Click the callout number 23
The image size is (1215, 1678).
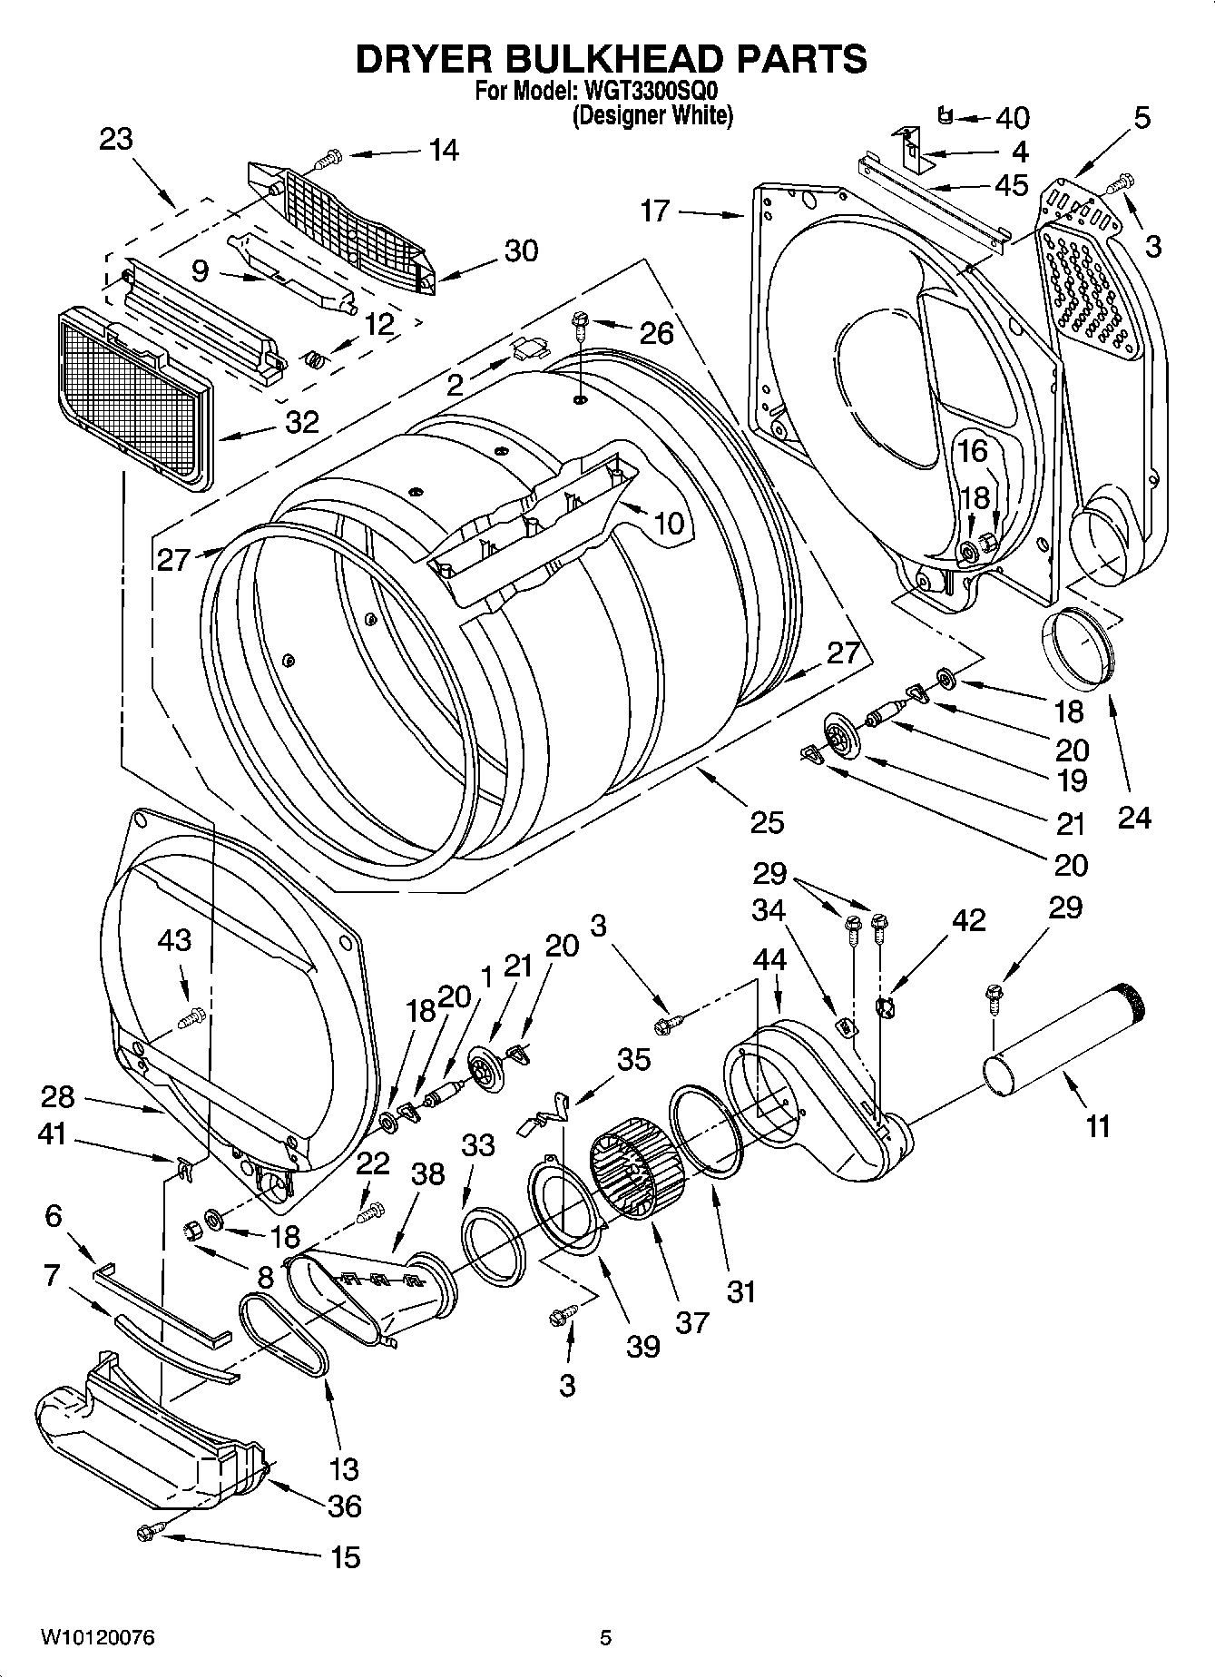(x=115, y=140)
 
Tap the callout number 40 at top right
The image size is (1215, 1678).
(x=1013, y=118)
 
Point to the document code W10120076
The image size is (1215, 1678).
(x=96, y=1637)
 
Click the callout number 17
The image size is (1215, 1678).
(x=653, y=211)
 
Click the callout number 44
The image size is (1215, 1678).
(x=769, y=959)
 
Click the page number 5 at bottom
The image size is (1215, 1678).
(x=606, y=1637)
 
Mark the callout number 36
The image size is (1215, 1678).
(x=345, y=1506)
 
